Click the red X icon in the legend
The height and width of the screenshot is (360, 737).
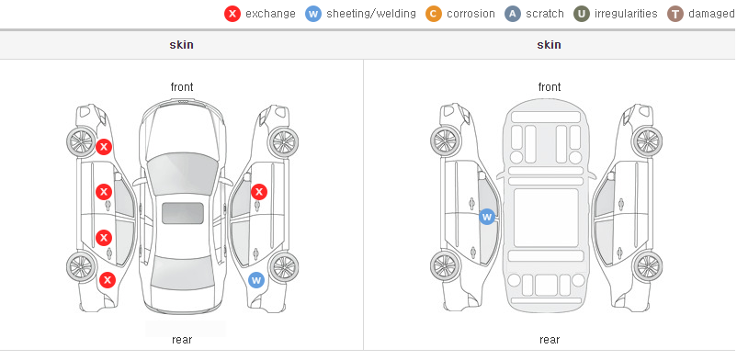pos(232,14)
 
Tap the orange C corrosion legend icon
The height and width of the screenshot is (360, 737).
pos(434,14)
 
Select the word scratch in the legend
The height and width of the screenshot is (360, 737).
pos(545,14)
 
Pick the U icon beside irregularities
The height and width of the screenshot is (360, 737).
pos(582,14)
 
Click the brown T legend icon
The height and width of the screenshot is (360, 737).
pos(675,14)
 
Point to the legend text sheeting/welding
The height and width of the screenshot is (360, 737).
pos(371,14)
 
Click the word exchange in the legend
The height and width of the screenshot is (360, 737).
pos(270,14)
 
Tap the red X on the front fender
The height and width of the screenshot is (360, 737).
pos(104,147)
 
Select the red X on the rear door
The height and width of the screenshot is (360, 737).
pos(104,238)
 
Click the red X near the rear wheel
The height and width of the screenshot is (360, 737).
pos(108,280)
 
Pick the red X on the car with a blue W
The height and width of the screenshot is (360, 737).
pos(259,192)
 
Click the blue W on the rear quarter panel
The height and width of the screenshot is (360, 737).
pos(256,281)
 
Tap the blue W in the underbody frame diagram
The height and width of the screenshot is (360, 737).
pos(487,217)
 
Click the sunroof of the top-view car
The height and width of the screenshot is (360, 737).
pos(183,213)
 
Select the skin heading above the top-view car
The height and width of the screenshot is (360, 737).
pos(181,45)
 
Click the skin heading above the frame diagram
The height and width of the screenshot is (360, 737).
pos(549,45)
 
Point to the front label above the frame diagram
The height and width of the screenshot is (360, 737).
pos(550,87)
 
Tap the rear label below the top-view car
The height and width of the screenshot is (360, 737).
pos(182,340)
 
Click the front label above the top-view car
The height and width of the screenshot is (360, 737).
pos(182,87)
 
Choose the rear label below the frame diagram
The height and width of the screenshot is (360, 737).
pos(550,340)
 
